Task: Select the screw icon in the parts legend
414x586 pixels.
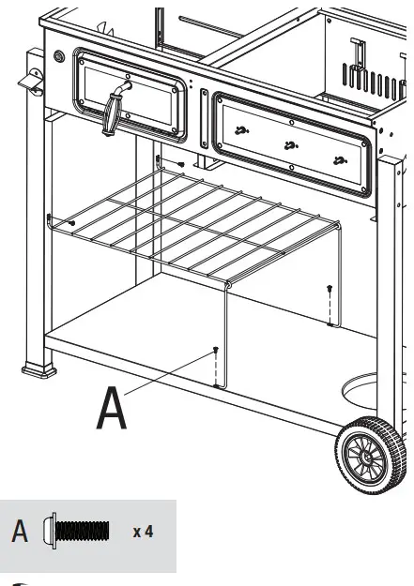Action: tap(83, 533)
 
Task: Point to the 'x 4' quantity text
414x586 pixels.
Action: tap(143, 533)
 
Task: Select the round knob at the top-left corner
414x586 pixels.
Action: tap(59, 57)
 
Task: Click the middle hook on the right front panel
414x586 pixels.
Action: tap(289, 144)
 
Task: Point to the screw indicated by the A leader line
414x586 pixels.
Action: tap(217, 351)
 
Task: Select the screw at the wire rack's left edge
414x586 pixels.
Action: tap(73, 223)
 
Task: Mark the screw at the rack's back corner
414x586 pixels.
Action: tap(180, 165)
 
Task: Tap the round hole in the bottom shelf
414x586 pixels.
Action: tap(368, 387)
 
